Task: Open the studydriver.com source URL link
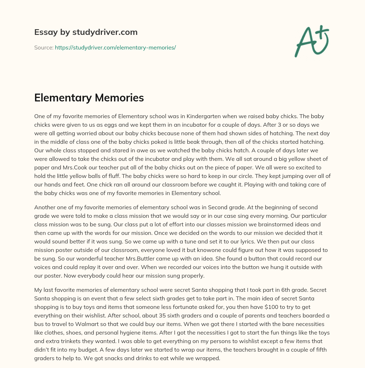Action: (115, 47)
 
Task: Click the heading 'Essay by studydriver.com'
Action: (86, 32)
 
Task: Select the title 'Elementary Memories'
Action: (89, 98)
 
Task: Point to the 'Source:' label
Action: (43, 47)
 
